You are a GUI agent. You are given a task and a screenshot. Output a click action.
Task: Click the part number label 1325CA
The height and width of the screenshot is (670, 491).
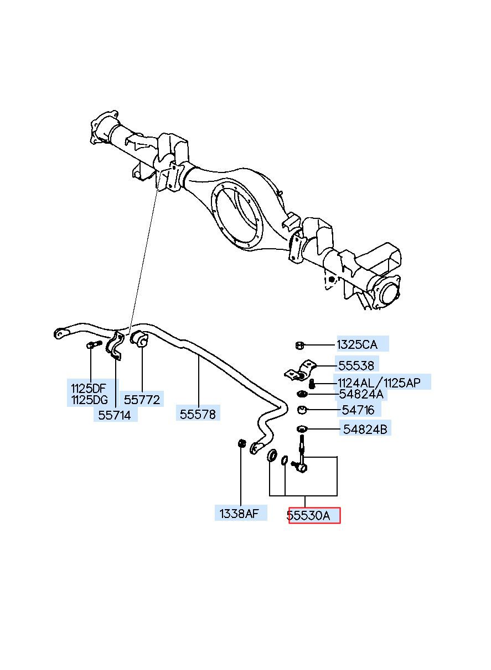tap(356, 344)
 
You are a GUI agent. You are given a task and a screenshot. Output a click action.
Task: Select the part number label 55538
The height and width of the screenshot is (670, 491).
tap(356, 365)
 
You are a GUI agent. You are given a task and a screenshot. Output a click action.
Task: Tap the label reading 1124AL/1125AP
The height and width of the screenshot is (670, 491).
tap(379, 383)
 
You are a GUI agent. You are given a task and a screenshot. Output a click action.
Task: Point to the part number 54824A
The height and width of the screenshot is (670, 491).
tap(361, 394)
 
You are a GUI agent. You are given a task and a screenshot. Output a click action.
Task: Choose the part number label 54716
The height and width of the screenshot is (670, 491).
tap(358, 410)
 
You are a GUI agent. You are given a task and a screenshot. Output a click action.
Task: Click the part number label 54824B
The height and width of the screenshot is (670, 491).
tap(365, 430)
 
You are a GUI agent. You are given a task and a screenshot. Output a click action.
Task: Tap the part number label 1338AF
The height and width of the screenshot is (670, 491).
tap(239, 514)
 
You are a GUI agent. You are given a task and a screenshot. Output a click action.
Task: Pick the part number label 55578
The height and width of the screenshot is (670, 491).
tap(198, 414)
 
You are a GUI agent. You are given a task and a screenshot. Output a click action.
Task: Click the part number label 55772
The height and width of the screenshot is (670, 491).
tap(142, 399)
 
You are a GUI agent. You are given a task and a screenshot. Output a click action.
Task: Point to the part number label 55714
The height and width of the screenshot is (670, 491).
tap(115, 415)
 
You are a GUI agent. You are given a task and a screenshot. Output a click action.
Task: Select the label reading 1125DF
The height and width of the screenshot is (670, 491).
tap(89, 389)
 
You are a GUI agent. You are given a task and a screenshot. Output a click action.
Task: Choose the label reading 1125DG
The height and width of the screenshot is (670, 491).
tap(89, 400)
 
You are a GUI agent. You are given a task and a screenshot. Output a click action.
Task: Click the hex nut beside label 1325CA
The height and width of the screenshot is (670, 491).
tap(299, 345)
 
